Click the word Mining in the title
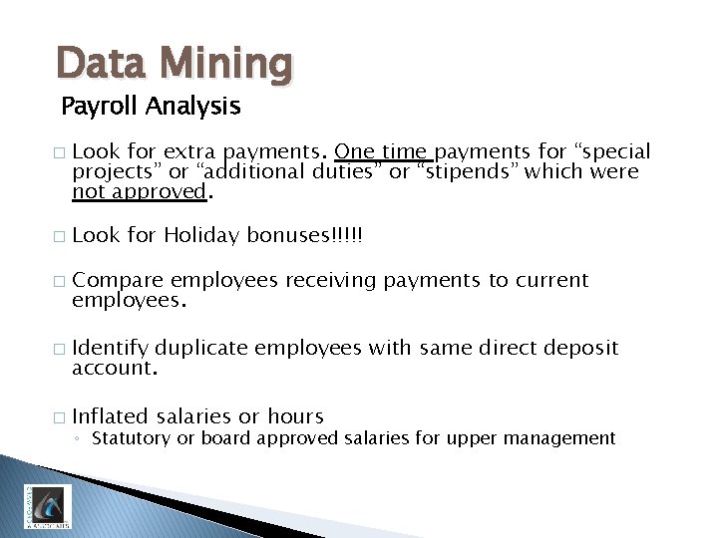tap(230, 64)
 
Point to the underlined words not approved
tap(138, 191)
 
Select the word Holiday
tap(202, 236)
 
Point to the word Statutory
tap(132, 438)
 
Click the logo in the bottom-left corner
tap(47, 505)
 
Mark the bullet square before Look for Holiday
tap(58, 237)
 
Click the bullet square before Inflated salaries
tap(58, 417)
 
